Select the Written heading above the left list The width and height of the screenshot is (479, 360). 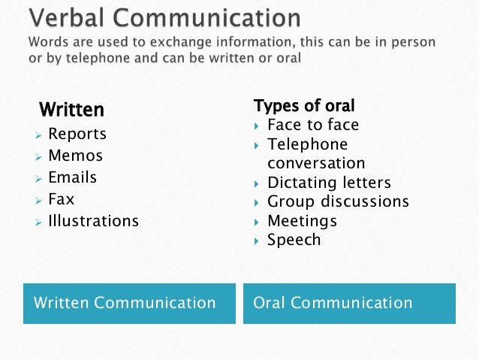[71, 110]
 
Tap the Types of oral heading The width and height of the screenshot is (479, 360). [304, 105]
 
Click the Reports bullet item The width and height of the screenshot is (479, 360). [77, 135]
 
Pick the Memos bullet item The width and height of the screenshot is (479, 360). [75, 156]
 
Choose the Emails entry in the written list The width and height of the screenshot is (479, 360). [72, 178]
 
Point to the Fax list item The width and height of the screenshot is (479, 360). [61, 200]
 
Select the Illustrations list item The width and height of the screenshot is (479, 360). [93, 222]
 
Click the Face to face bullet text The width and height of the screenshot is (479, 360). [313, 125]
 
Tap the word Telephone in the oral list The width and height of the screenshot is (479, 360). [307, 144]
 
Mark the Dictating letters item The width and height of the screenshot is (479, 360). [329, 183]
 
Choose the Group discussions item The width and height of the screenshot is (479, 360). [338, 201]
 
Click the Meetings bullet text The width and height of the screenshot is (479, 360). [302, 221]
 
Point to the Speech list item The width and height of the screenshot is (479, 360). [294, 241]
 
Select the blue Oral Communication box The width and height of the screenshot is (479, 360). [349, 304]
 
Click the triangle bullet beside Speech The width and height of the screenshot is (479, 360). [257, 241]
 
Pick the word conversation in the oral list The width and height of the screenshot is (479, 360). [316, 163]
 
